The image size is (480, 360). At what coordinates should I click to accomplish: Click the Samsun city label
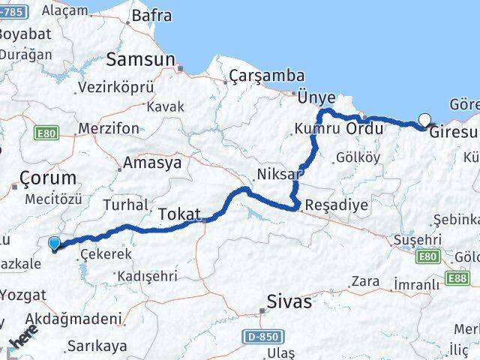tap(141, 59)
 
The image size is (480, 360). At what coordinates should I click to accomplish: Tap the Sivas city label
tap(289, 302)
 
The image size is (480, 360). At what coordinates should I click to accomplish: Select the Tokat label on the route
tap(179, 214)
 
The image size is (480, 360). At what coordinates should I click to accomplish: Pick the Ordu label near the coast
tap(364, 128)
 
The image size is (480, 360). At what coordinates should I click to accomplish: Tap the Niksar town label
tap(278, 174)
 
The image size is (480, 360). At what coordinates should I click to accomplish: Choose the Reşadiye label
tap(330, 205)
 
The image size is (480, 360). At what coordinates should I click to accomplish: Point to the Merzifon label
tap(109, 128)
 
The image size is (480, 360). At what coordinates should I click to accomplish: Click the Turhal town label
tap(126, 205)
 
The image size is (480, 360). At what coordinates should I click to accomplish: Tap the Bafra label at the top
tap(151, 16)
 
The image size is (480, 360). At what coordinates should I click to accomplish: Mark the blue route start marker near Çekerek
tap(54, 243)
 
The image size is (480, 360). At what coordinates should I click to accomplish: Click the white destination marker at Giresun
tap(426, 119)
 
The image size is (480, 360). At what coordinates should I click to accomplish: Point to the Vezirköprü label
tap(115, 88)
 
